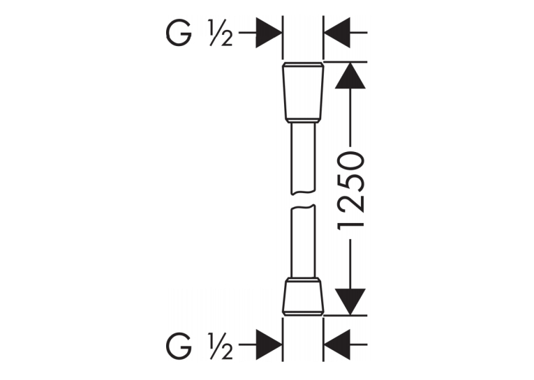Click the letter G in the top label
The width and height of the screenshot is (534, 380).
click(x=179, y=34)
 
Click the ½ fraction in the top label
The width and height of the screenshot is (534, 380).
click(x=221, y=33)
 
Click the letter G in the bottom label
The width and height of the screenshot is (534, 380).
click(x=179, y=347)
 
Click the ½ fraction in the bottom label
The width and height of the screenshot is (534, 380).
click(x=221, y=347)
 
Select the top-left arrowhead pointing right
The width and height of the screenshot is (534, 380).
click(x=269, y=33)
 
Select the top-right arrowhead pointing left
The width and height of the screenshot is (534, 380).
click(x=337, y=33)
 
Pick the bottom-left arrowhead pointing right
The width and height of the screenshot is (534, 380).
click(x=269, y=344)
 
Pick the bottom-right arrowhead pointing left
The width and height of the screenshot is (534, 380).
click(x=337, y=344)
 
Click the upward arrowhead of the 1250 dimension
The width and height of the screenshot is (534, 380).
click(x=350, y=75)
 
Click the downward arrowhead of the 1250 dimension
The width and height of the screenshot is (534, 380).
click(x=350, y=302)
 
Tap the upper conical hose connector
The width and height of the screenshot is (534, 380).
click(x=303, y=92)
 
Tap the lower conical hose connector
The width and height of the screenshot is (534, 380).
click(x=303, y=296)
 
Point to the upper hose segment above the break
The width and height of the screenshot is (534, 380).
click(x=303, y=159)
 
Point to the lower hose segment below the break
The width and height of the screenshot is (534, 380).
click(x=303, y=241)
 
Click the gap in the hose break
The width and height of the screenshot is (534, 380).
click(x=303, y=200)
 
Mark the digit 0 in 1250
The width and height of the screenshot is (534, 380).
click(x=351, y=162)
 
